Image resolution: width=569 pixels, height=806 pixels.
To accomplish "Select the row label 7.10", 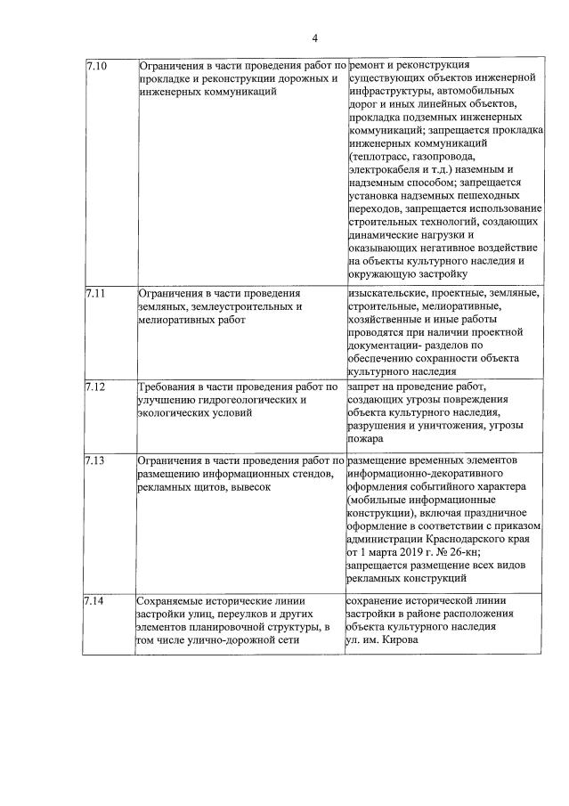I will tap(95, 66).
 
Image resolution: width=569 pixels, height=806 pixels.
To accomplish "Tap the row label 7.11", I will tap(95, 292).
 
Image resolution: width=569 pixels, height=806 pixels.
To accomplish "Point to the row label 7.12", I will tap(95, 387).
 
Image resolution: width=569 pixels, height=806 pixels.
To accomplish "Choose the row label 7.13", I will tap(95, 460).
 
